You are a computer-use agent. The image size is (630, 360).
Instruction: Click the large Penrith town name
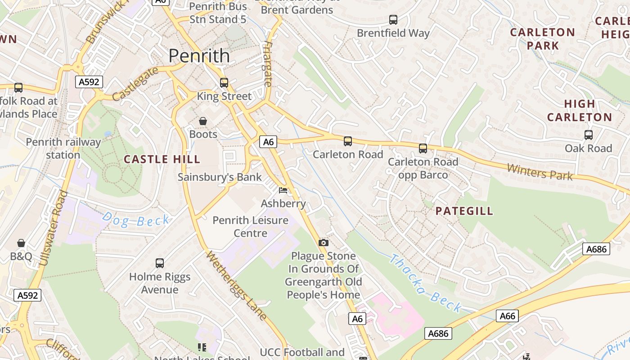pos(199,56)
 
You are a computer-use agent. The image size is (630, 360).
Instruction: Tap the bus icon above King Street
pos(224,83)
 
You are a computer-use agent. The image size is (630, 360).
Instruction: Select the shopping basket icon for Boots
pos(203,121)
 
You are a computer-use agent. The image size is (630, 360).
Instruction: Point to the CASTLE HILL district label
pos(162,159)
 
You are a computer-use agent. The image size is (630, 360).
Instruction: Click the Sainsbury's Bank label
pos(220,177)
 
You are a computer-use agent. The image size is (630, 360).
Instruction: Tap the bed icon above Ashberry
pos(283,190)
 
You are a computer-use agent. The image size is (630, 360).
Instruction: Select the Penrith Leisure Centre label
pos(250,226)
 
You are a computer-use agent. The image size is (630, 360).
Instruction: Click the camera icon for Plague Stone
pos(323,243)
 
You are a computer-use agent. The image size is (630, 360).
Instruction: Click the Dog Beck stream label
pos(136,220)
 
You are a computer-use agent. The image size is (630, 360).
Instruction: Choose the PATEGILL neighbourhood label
pos(464,211)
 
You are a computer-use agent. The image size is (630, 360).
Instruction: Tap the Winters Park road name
pos(540,172)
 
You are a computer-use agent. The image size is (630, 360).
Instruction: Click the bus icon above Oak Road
pos(588,135)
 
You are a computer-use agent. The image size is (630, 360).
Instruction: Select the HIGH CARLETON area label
pos(580,110)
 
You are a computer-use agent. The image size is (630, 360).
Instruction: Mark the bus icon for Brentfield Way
pos(393,20)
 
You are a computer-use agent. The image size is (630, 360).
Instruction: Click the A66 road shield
pos(508,316)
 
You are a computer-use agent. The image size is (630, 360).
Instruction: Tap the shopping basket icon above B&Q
pos(21,243)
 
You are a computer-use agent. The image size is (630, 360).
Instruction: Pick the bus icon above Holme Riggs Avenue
pos(160,263)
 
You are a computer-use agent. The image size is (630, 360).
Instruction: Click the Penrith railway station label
pos(63,148)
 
